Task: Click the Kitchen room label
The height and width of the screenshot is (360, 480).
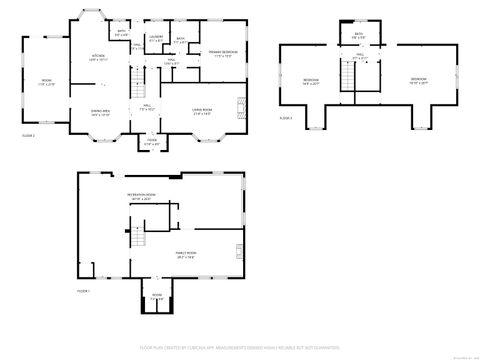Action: [98, 57]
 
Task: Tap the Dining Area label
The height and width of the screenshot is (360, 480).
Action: [101, 114]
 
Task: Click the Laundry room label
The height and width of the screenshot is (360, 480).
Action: [156, 38]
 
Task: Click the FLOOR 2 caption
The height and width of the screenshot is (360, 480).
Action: [28, 134]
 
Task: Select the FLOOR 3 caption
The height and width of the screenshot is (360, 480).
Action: [285, 118]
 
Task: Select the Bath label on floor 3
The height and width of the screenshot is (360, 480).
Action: [359, 37]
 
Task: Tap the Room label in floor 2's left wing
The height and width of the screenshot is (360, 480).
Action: [46, 82]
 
